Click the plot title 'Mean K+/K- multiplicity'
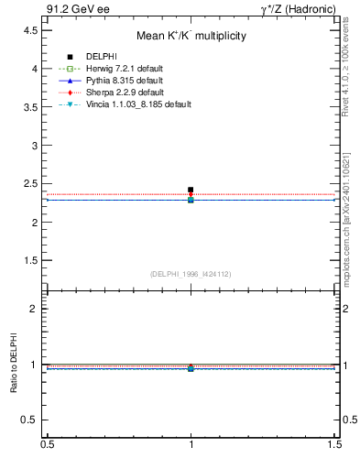point(191,36)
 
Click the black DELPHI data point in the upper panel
point(191,190)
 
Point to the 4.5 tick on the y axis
point(32,30)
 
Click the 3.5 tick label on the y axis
point(32,107)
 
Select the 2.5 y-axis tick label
point(32,183)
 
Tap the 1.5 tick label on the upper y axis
point(32,260)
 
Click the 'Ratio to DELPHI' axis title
point(13,365)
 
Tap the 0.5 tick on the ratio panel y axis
point(32,420)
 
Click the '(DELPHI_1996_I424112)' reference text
point(191,273)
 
